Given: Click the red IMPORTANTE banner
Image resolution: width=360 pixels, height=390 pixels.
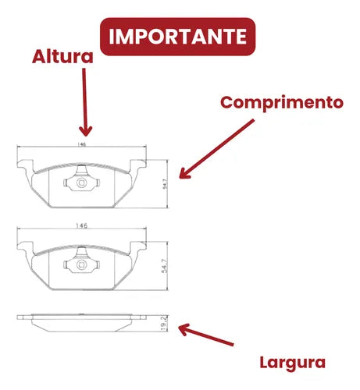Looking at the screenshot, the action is (178, 37).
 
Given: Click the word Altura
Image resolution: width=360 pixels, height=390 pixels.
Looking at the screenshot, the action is (62, 57).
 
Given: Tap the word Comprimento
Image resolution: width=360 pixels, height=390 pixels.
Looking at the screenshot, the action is (282, 103).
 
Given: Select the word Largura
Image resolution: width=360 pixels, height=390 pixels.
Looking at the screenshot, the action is (293, 363).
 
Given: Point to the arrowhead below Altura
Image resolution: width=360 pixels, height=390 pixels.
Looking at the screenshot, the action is (86, 131).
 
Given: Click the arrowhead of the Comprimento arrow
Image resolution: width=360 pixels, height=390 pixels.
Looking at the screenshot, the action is (184, 173).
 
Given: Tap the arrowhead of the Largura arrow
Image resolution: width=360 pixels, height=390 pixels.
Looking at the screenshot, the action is (184, 329).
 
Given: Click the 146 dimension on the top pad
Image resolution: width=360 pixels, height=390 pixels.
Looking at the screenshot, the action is (81, 144).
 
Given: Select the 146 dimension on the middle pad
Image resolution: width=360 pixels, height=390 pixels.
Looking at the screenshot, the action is (81, 226).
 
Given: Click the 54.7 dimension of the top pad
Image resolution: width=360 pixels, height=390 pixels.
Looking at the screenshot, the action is (165, 184).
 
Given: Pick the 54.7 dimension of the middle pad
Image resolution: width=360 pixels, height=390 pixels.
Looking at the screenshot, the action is (165, 266).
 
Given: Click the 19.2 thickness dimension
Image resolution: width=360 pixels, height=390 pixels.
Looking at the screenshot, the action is (164, 323).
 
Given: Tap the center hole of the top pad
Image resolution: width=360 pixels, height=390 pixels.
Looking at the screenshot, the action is (81, 183).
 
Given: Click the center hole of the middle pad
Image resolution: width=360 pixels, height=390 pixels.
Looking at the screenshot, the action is (81, 264).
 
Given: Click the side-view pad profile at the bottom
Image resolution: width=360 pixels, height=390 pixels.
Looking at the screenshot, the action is (81, 323).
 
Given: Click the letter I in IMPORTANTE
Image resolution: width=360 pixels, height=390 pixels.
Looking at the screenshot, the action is (111, 37).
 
